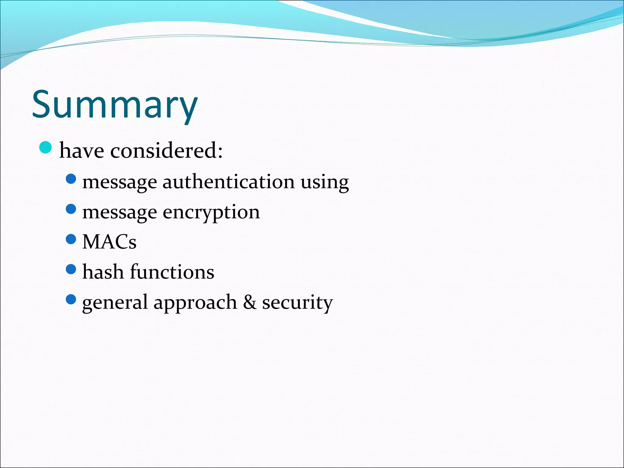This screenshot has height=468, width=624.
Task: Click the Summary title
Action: coord(115,105)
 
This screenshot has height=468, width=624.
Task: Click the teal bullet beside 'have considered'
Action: coord(46,148)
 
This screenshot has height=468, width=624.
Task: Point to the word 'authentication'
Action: coord(229,182)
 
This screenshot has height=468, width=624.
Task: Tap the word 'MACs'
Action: coord(109,242)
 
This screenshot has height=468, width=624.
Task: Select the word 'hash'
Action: coord(103,271)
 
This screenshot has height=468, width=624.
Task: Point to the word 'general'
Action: coord(115,303)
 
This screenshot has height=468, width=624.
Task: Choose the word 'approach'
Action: coord(195,303)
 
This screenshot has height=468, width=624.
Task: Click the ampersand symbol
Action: coord(250,302)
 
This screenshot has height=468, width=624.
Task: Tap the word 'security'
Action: coord(297,303)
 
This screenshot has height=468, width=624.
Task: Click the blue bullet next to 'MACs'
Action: coord(71,239)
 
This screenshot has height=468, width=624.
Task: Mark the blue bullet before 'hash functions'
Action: coord(71,269)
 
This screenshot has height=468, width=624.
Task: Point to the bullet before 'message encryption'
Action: coord(71,209)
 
